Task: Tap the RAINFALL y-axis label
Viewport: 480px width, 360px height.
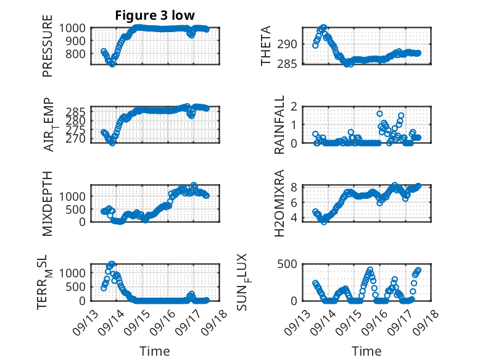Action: (279, 125)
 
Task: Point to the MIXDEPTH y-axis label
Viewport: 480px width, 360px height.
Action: (48, 203)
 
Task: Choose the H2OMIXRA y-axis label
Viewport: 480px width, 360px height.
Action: (279, 203)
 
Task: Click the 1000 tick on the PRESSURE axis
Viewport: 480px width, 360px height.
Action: (75, 28)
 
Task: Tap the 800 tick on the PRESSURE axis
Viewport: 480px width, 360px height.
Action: (78, 54)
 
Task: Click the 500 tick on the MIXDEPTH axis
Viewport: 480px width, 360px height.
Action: (78, 209)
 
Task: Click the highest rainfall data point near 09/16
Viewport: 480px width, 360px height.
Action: (379, 114)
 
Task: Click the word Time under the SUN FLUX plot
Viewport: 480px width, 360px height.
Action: (366, 351)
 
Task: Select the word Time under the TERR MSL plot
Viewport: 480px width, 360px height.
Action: (155, 351)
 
